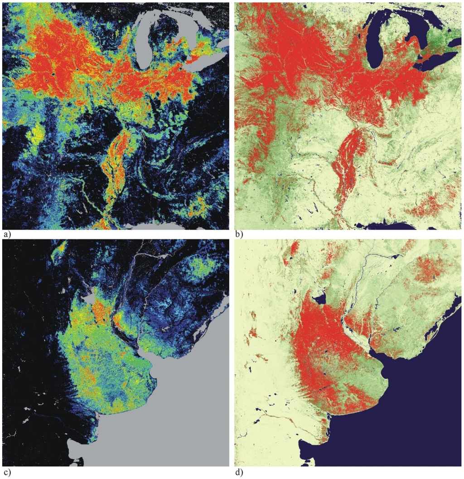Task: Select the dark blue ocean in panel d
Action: [421, 408]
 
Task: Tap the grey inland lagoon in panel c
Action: [89, 299]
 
